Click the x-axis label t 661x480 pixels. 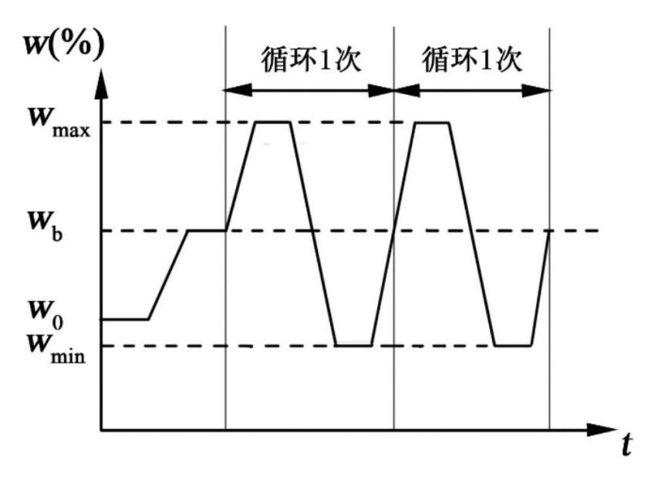pos(629,446)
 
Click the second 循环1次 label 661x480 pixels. pos(472,61)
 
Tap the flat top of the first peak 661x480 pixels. pos(274,122)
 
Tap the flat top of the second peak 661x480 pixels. pos(433,122)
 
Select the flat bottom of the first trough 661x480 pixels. pos(354,345)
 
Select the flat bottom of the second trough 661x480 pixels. pos(513,345)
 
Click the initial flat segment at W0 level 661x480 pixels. pos(125,319)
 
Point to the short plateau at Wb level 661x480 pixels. pos(207,230)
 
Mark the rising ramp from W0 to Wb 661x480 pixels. pos(168,274)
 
